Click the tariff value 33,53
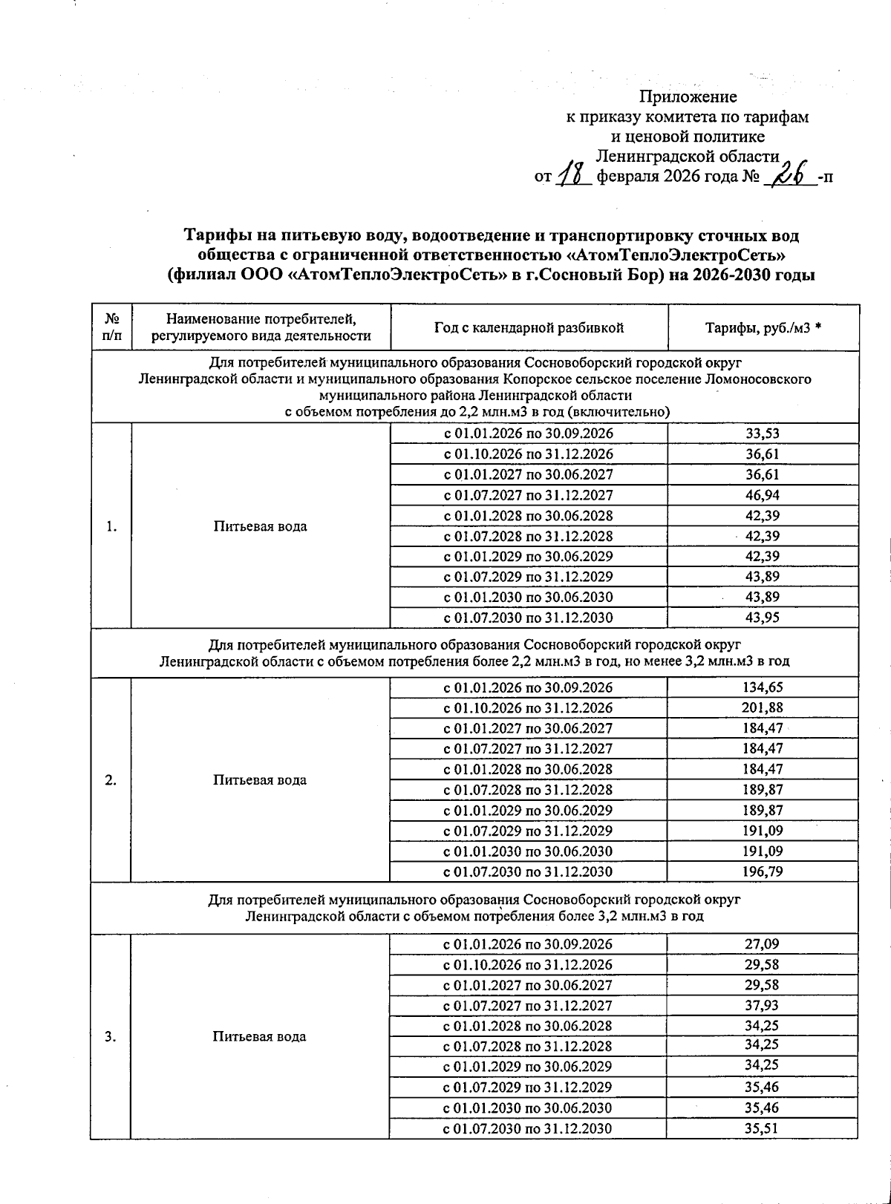coord(763,433)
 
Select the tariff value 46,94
coord(763,495)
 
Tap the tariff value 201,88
coord(763,707)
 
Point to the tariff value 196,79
coord(763,871)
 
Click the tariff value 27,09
coord(763,944)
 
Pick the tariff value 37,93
coord(763,1005)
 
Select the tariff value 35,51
coord(763,1128)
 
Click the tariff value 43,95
coord(763,618)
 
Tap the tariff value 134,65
coord(763,687)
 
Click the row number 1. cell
coord(111,526)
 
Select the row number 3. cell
coord(111,1036)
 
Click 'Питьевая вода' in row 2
coord(259,779)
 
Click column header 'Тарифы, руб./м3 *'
coord(763,328)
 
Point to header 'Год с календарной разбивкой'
coord(529,328)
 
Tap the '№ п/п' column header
coord(111,327)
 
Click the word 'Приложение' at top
coord(688,96)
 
